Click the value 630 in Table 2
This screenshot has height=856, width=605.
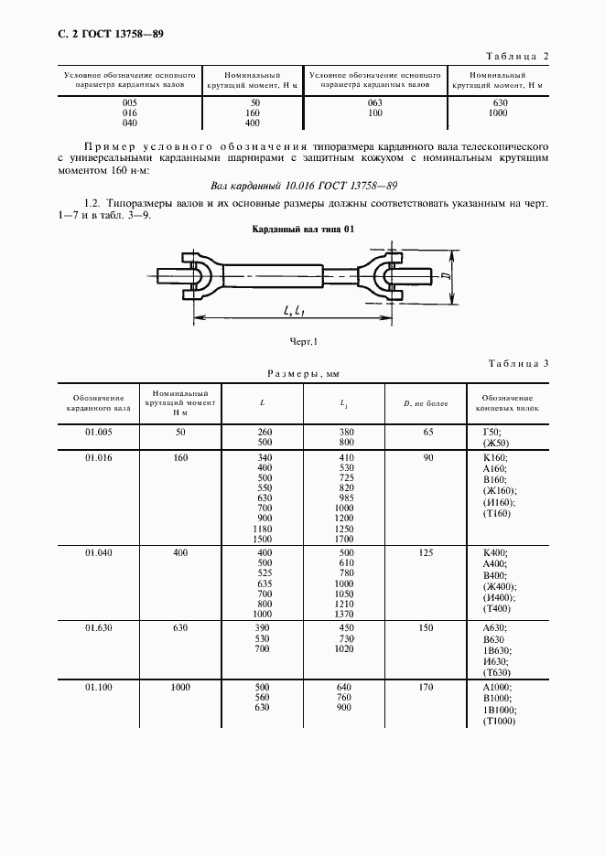[x=498, y=102]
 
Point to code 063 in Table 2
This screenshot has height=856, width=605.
[x=373, y=102]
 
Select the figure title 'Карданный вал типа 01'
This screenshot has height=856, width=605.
[x=302, y=229]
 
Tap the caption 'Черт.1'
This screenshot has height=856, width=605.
[x=302, y=341]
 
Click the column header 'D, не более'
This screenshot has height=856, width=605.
[x=426, y=403]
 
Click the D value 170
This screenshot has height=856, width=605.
[x=426, y=686]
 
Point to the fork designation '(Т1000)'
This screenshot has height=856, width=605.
[x=499, y=722]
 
